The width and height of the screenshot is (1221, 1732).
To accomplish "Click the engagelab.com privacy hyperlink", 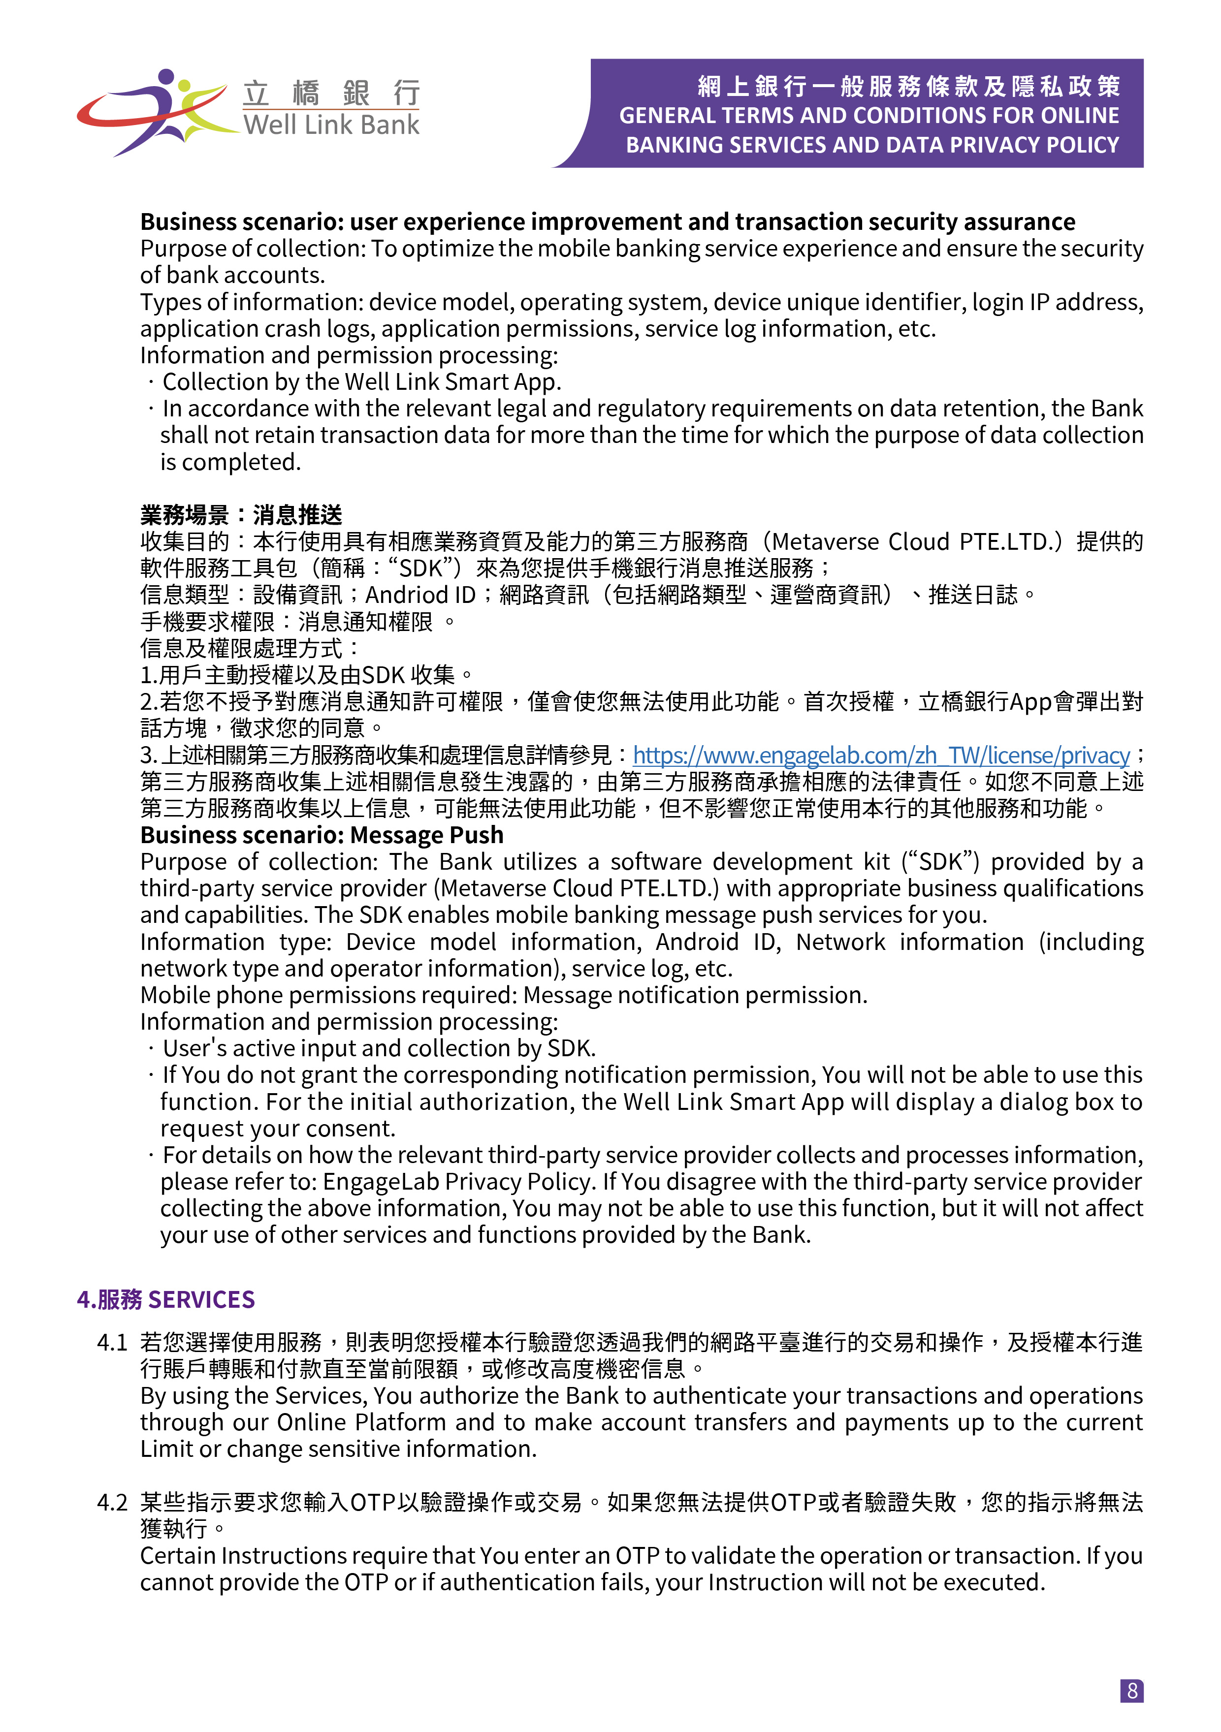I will click(x=881, y=755).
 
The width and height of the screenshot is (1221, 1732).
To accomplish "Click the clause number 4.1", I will click(x=112, y=1343).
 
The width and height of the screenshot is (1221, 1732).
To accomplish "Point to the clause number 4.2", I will click(x=112, y=1503).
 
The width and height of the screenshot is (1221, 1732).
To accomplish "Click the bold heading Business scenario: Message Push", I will click(x=321, y=835).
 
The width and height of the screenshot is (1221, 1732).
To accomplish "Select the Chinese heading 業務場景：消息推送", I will click(x=241, y=515).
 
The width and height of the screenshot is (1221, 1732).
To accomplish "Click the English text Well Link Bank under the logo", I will click(x=330, y=125).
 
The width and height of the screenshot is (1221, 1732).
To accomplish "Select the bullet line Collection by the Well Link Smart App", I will click(x=361, y=382).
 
